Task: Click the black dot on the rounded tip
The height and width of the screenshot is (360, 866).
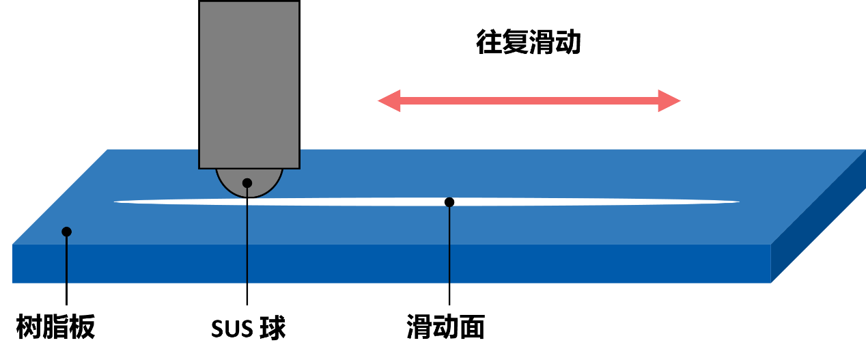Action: pyautogui.click(x=247, y=183)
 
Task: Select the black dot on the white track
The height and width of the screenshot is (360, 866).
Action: pyautogui.click(x=449, y=202)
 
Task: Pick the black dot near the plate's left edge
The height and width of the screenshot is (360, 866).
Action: pyautogui.click(x=66, y=232)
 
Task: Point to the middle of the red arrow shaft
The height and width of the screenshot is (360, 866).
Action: pyautogui.click(x=529, y=100)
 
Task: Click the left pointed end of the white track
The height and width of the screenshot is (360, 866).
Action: pyautogui.click(x=115, y=202)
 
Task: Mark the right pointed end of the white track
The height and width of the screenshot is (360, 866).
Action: pyautogui.click(x=738, y=202)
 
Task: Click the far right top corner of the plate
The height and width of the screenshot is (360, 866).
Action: pyautogui.click(x=865, y=150)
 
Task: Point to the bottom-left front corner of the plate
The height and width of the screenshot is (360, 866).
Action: pyautogui.click(x=13, y=283)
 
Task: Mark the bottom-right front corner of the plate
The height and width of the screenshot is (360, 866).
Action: pyautogui.click(x=771, y=283)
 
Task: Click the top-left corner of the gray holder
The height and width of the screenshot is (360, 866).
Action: pyautogui.click(x=200, y=2)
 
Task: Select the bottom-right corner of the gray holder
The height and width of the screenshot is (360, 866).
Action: pyautogui.click(x=298, y=167)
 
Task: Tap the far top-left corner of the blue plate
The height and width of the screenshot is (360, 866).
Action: pyautogui.click(x=108, y=150)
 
